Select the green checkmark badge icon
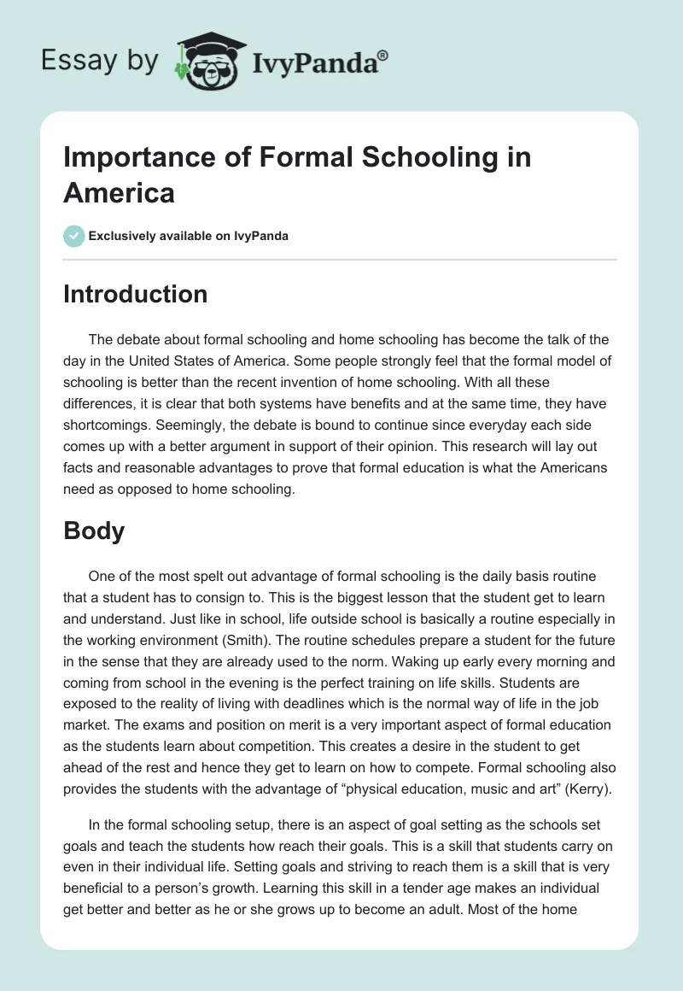(x=73, y=236)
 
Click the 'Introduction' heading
(x=135, y=295)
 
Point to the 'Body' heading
(x=94, y=531)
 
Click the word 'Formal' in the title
(x=279, y=157)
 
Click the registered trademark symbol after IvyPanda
(x=383, y=55)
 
